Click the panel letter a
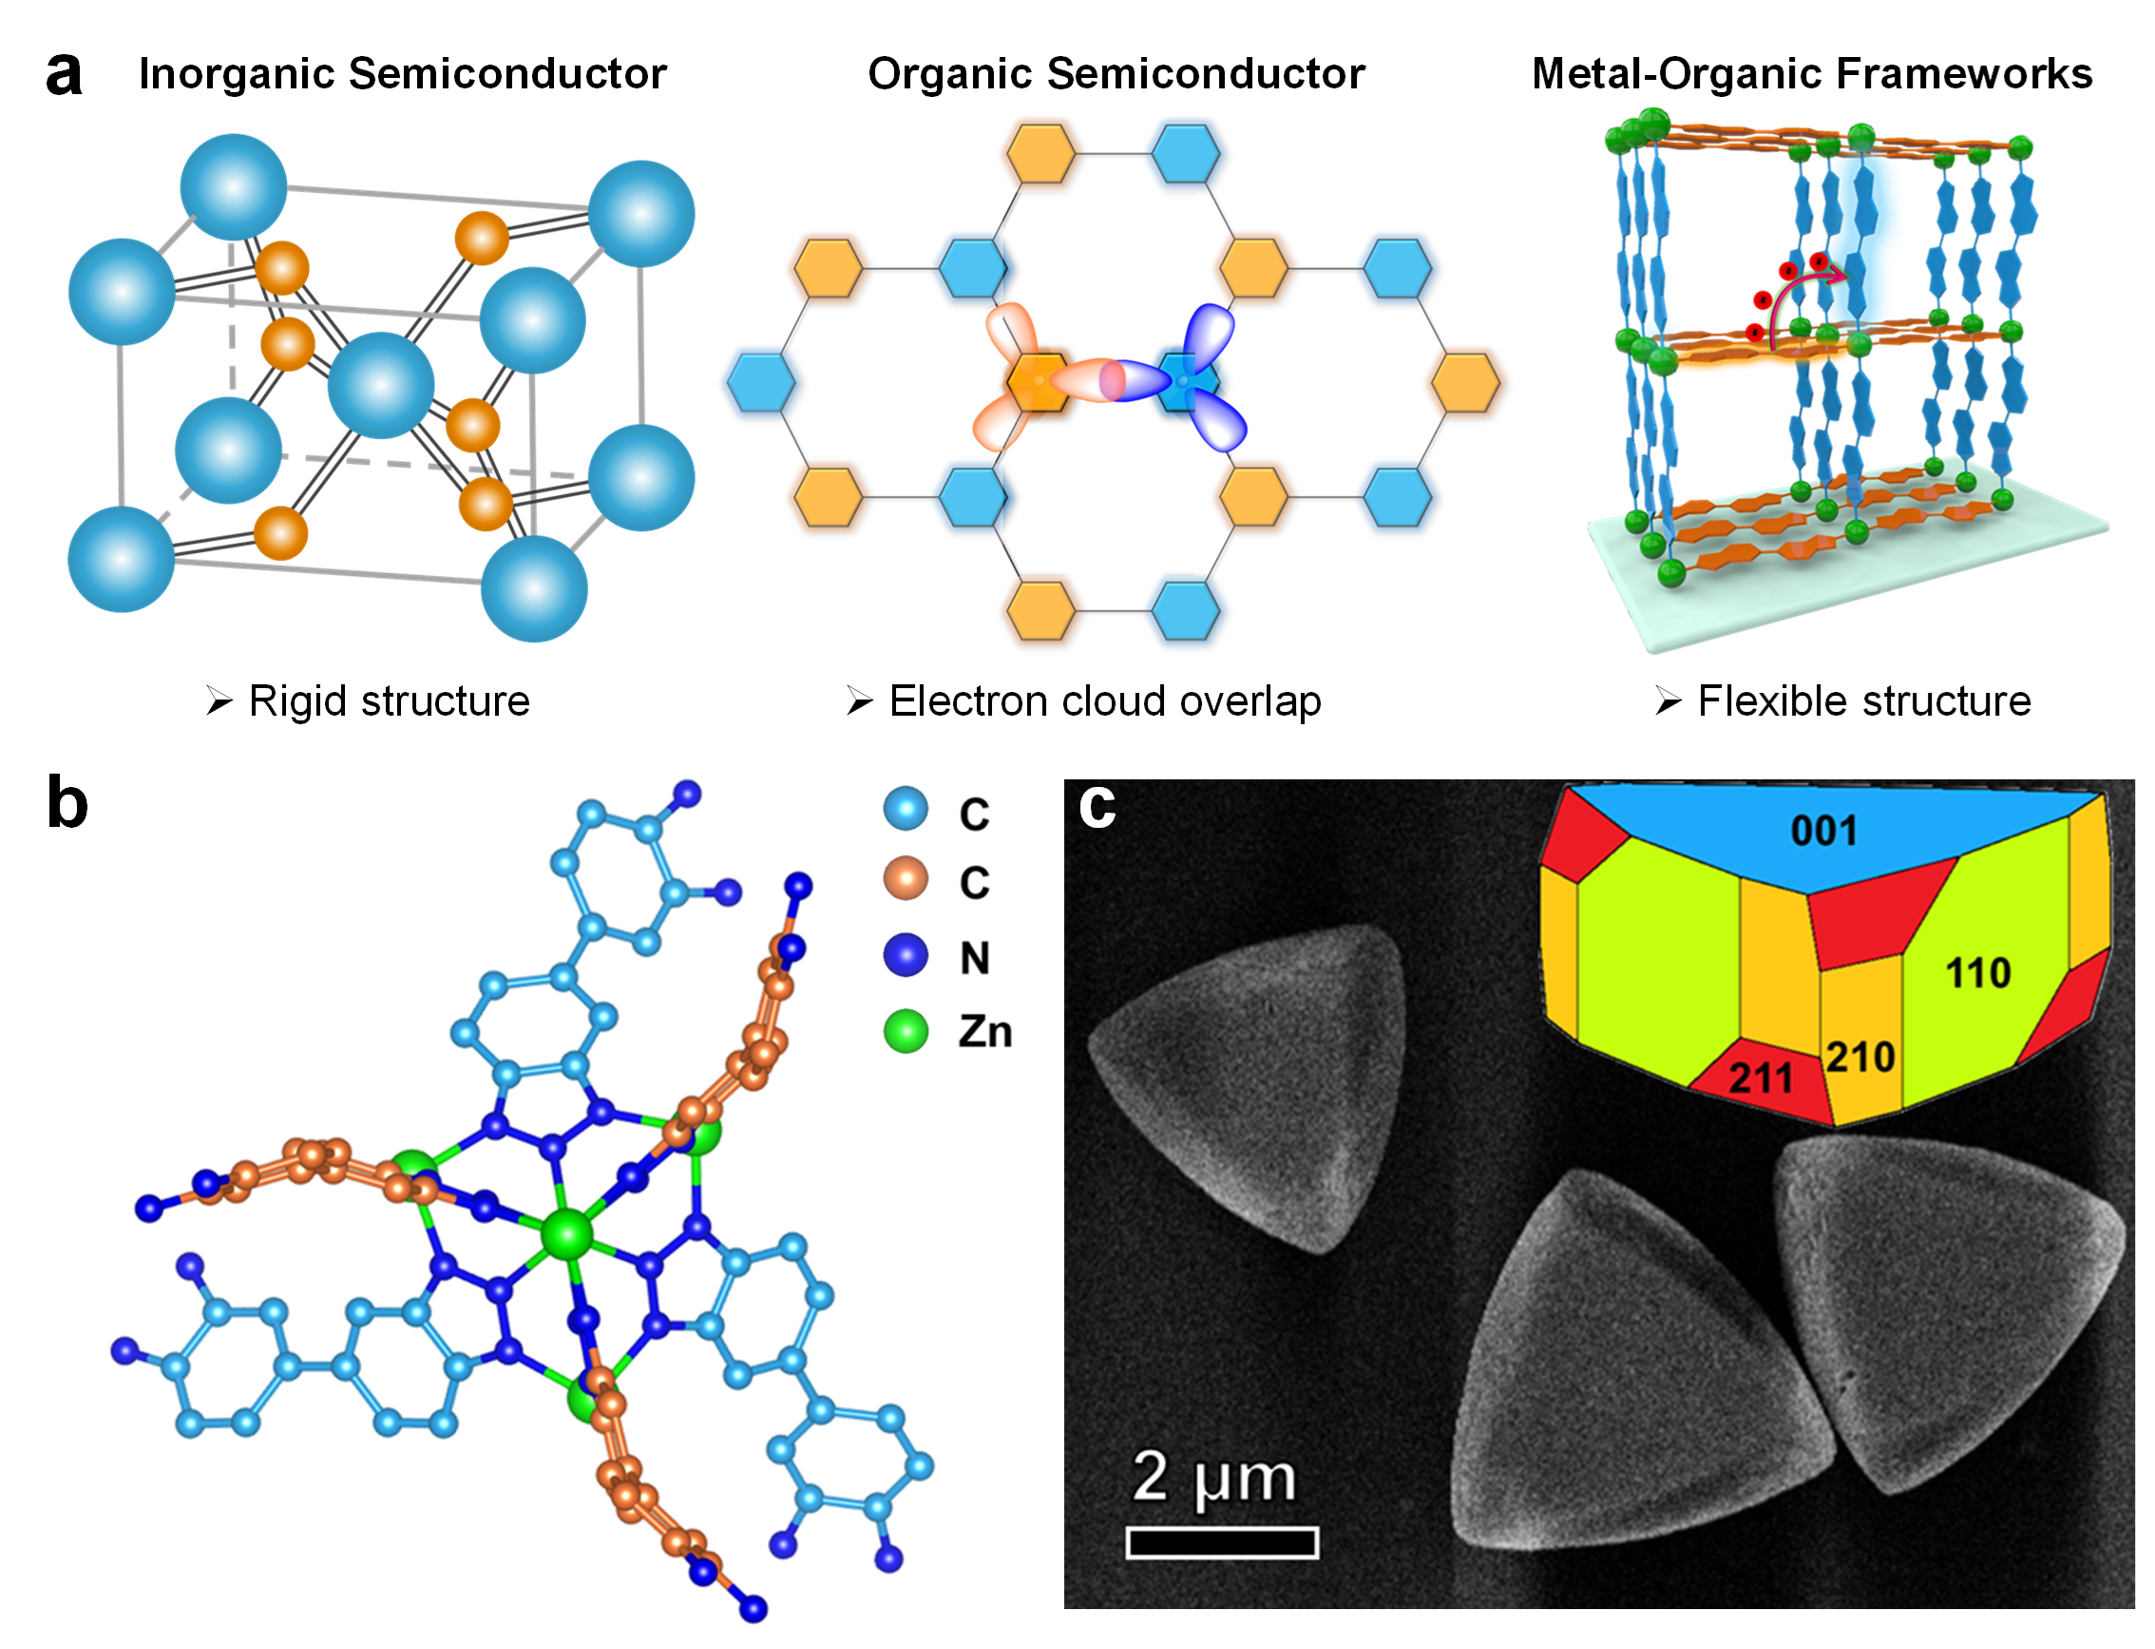pos(64,74)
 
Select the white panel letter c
pos(1097,806)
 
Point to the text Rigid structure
pos(389,700)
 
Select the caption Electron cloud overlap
pos(1104,700)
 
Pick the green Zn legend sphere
pos(905,1030)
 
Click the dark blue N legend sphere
pos(905,955)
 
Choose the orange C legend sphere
pos(905,878)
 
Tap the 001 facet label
pos(1822,832)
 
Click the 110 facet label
pos(1977,973)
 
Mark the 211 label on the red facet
pos(1760,1079)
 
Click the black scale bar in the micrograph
pos(1221,1543)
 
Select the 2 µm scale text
pos(1213,1477)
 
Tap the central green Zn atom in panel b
pos(567,1234)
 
